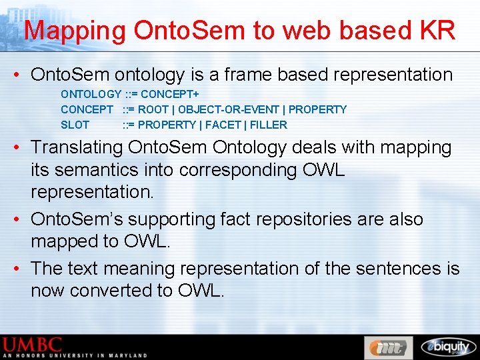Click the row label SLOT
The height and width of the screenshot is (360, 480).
pyautogui.click(x=75, y=125)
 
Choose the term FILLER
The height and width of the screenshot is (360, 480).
pyautogui.click(x=269, y=125)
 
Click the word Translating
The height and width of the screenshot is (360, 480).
pyautogui.click(x=77, y=147)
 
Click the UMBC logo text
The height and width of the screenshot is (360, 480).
pyautogui.click(x=33, y=345)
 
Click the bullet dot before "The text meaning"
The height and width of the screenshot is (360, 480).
pyautogui.click(x=15, y=269)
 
